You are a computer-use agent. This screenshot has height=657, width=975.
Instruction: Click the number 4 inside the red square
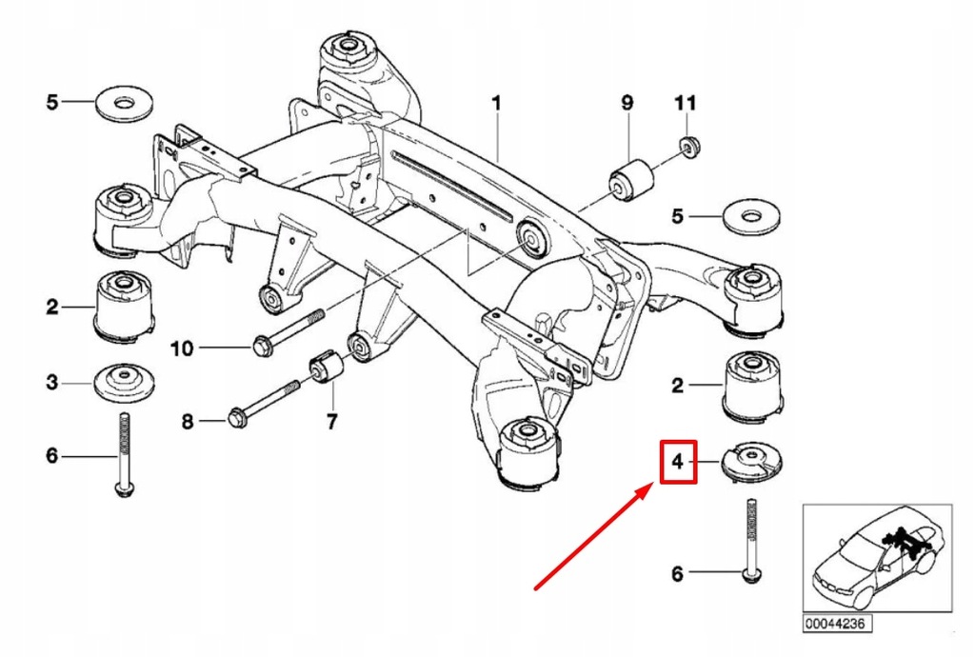coord(677,463)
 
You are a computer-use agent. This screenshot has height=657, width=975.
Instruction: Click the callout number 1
coord(495,102)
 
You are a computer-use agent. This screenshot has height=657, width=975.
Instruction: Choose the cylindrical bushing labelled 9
coord(629,180)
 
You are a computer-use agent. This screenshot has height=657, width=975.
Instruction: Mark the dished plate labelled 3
coord(123,384)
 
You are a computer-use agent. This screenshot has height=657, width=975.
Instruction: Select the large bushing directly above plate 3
coord(124,307)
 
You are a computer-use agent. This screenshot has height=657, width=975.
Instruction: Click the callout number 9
coord(627,102)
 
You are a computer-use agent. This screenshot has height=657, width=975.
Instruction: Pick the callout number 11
coord(686,102)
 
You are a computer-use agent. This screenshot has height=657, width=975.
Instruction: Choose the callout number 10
coord(181,348)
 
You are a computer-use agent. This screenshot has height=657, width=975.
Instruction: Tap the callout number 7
coord(330,420)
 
